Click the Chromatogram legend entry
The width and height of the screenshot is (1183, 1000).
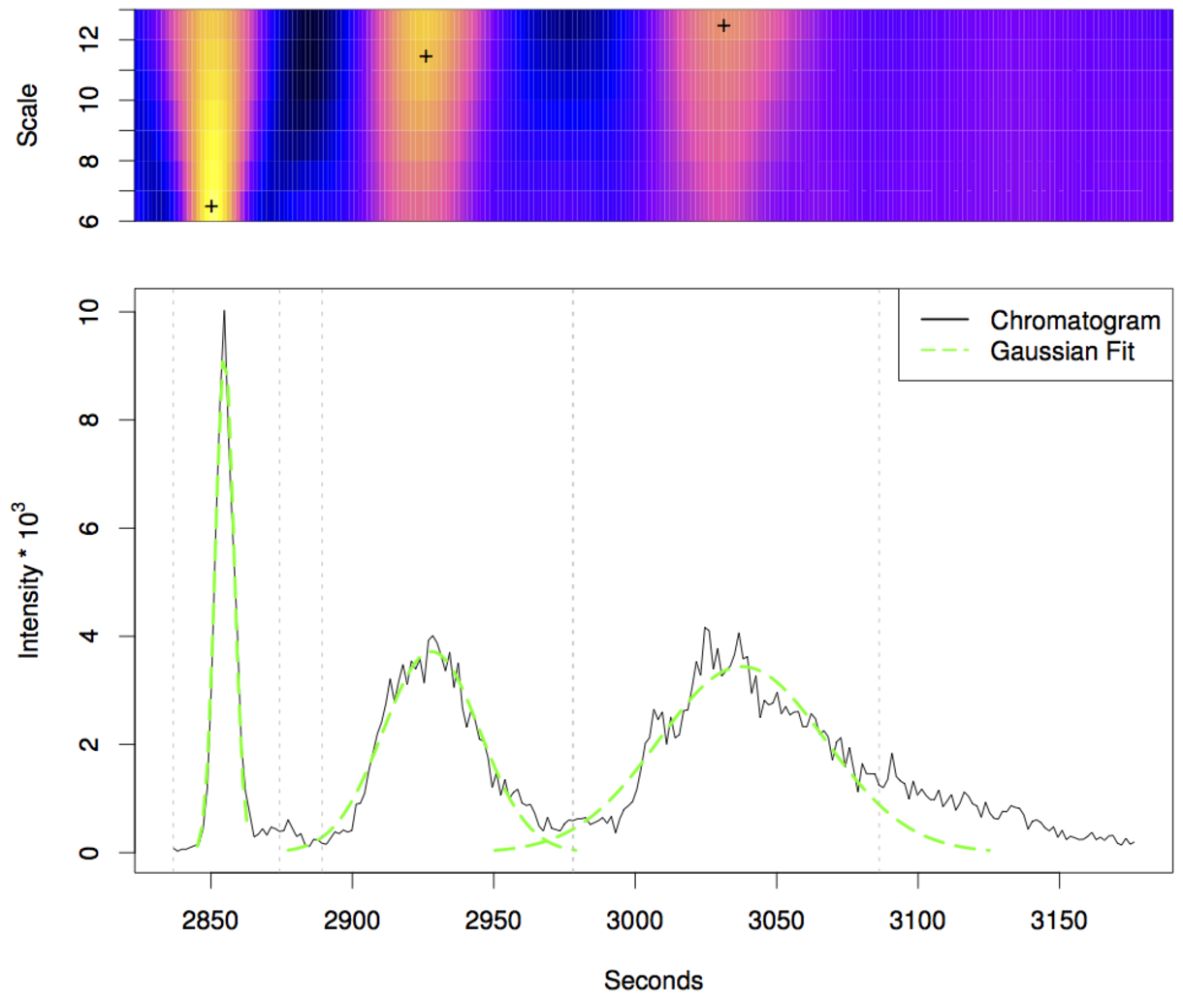pyautogui.click(x=1074, y=321)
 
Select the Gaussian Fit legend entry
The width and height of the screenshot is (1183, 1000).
pyautogui.click(x=1062, y=351)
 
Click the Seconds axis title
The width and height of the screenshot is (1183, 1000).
pyautogui.click(x=653, y=980)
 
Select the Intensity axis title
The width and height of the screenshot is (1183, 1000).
pyautogui.click(x=30, y=579)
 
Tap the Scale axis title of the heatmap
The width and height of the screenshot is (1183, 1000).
pyautogui.click(x=28, y=115)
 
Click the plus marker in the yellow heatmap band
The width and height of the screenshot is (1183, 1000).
pyautogui.click(x=211, y=206)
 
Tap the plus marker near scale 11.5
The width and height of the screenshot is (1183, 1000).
pyautogui.click(x=425, y=56)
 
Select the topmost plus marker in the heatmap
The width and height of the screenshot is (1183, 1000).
pyautogui.click(x=723, y=25)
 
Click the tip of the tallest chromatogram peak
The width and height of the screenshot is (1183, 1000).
pyautogui.click(x=224, y=312)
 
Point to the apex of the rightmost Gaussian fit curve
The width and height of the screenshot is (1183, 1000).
pyautogui.click(x=742, y=666)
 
